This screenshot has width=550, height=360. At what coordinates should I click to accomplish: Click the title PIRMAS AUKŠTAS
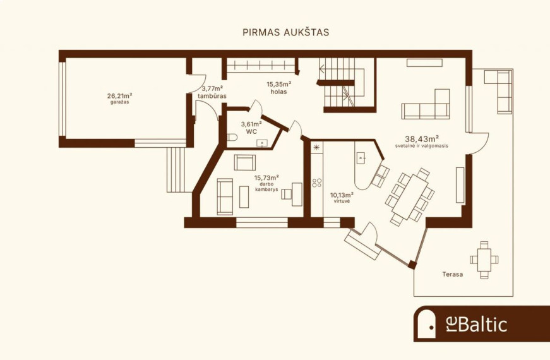coord(286,32)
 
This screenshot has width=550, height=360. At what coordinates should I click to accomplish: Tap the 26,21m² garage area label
coord(119,99)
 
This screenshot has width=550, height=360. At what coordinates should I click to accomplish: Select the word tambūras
coord(212,96)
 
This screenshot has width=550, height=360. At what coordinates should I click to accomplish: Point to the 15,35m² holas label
coord(279,88)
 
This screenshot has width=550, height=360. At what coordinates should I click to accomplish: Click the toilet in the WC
coord(232,137)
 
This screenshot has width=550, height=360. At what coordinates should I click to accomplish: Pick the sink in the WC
coord(262,143)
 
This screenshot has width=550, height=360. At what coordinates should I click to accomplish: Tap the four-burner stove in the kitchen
coord(317,183)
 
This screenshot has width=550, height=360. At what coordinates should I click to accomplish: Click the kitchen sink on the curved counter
coord(361,159)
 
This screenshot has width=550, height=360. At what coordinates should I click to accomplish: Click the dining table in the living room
coord(410,197)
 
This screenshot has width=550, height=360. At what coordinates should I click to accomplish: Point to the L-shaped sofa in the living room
coord(426,104)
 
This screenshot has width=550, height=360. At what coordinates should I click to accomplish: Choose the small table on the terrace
coord(484,260)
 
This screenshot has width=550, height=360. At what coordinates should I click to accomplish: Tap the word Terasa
coord(452,274)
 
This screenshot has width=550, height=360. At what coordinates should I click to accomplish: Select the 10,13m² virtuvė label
coord(342,198)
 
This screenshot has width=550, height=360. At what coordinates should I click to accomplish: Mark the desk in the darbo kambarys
coord(297,195)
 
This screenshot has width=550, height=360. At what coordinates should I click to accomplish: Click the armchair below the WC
coord(245,162)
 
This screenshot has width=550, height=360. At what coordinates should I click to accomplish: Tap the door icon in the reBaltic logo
coord(426,325)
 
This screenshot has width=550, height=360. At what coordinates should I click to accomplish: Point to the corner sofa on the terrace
coord(498,91)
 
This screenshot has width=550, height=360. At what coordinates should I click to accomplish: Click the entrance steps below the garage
coord(176,169)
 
